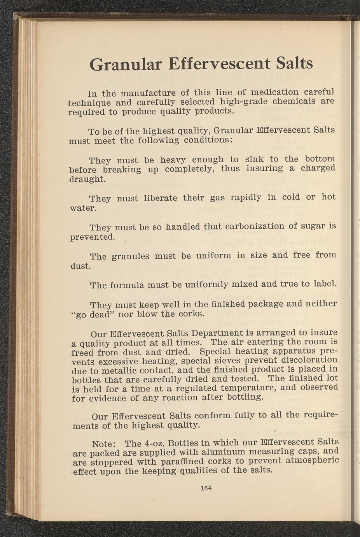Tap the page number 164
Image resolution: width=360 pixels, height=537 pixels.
click(206, 488)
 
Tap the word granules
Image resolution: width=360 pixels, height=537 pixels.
click(130, 256)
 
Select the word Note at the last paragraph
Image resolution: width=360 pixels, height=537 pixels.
click(103, 444)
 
